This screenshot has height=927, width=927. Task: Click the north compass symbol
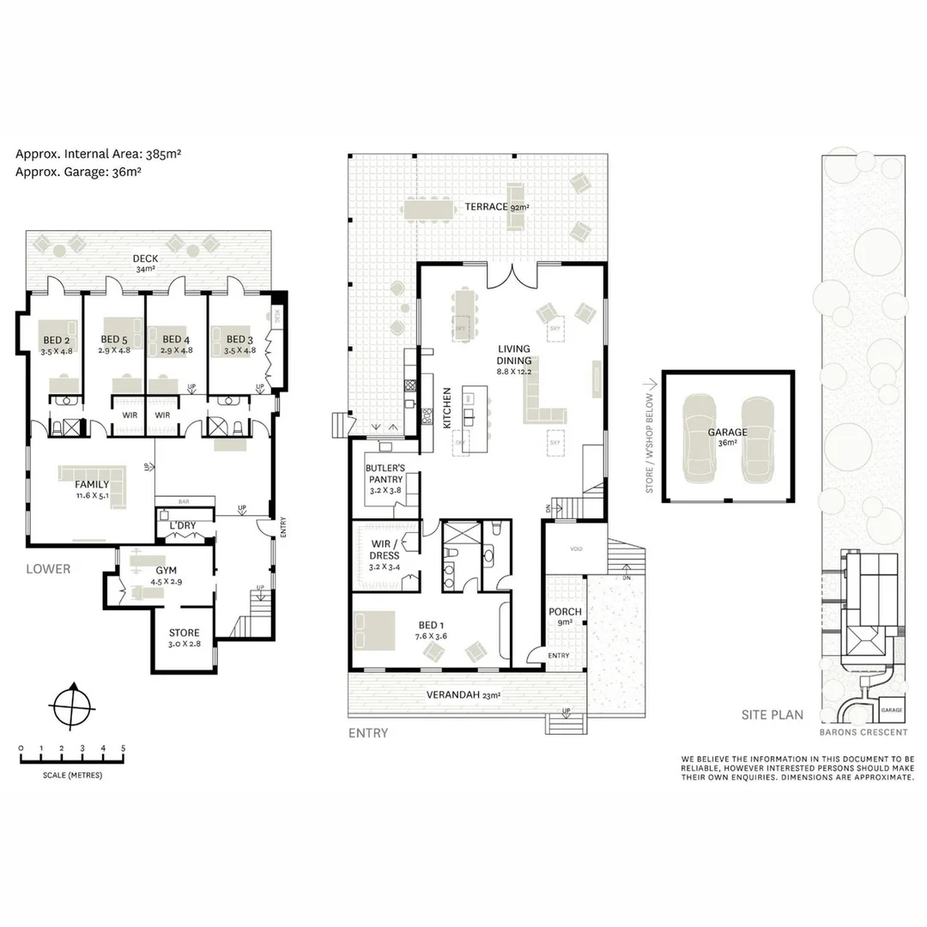(x=70, y=708)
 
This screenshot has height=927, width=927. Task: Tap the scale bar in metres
(x=72, y=758)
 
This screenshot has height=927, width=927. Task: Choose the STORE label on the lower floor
(x=184, y=633)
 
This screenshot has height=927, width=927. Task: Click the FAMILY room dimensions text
(x=92, y=495)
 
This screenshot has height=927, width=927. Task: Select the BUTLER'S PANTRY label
(x=385, y=473)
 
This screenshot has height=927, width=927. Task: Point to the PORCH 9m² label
(x=566, y=617)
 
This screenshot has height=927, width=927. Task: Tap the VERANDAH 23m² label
(x=463, y=696)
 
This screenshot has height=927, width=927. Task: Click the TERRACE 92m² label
(x=496, y=207)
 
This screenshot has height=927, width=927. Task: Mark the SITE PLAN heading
(x=772, y=714)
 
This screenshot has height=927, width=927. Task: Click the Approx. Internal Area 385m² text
(x=98, y=154)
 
